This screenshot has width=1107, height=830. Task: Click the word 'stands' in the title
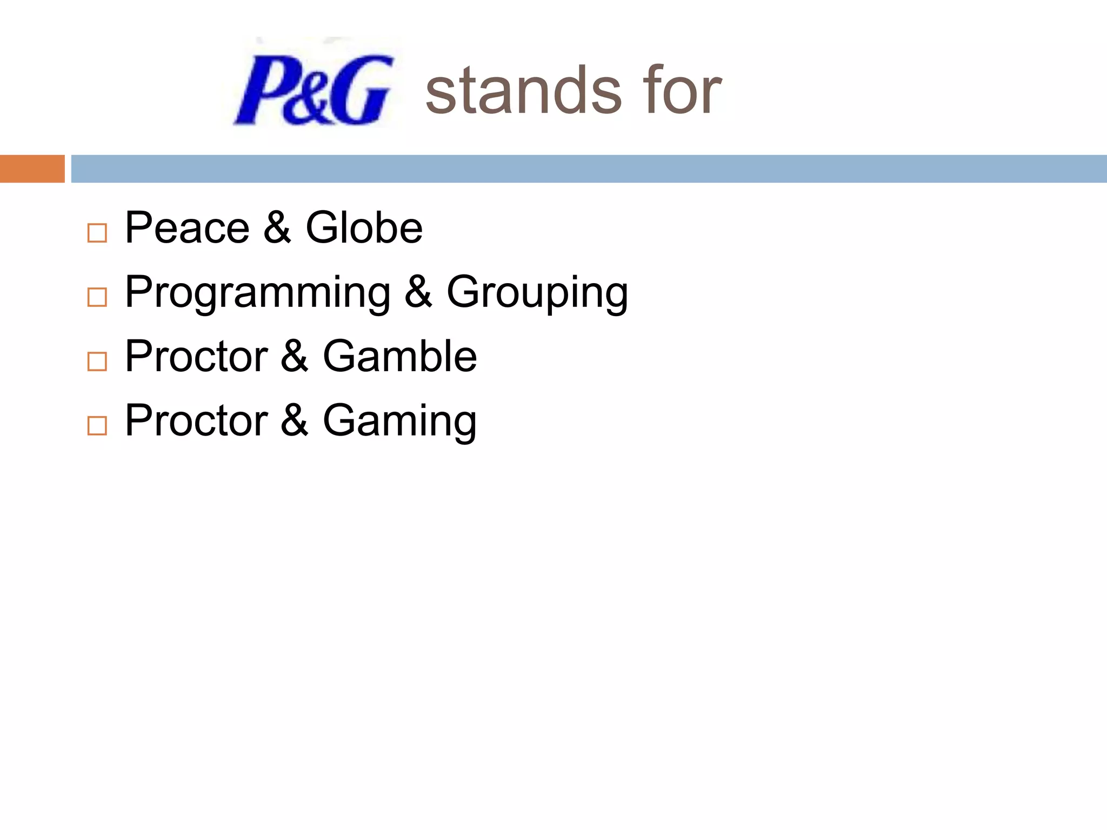(x=523, y=91)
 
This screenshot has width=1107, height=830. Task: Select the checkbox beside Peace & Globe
(x=97, y=233)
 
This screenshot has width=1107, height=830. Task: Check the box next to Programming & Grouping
(x=97, y=297)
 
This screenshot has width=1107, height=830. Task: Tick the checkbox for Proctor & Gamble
(x=97, y=362)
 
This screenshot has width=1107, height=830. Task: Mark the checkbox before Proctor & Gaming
(x=97, y=426)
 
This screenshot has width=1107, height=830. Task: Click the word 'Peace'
(x=187, y=228)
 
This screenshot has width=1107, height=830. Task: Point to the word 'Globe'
(x=364, y=228)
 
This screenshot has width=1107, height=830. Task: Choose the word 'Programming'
(x=257, y=293)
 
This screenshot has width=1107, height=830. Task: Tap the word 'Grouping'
(x=537, y=293)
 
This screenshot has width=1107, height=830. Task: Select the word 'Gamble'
(x=399, y=357)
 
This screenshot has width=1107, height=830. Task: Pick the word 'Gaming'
(x=399, y=421)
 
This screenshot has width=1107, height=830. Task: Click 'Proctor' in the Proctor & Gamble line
(x=196, y=357)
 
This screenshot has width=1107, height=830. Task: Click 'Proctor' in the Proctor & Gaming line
(x=196, y=421)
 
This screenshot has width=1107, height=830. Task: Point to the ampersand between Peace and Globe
(x=277, y=228)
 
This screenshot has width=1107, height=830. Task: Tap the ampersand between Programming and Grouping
(x=418, y=292)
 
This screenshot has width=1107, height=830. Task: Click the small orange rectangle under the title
(x=32, y=169)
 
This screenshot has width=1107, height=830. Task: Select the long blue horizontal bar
(x=589, y=169)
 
